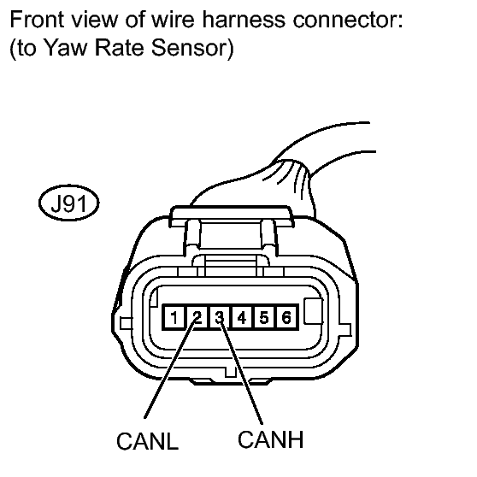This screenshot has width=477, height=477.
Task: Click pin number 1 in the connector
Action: pyautogui.click(x=174, y=317)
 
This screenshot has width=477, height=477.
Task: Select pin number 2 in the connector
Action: pyautogui.click(x=197, y=317)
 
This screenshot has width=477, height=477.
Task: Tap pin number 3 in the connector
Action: pyautogui.click(x=220, y=317)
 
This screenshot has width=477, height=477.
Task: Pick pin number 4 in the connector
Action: pyautogui.click(x=242, y=317)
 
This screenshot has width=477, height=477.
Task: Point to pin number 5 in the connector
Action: pyautogui.click(x=264, y=317)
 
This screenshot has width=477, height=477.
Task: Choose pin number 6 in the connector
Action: pyautogui.click(x=286, y=317)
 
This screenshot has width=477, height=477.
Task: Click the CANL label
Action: pyautogui.click(x=148, y=441)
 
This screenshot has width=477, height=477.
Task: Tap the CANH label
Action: pyautogui.click(x=270, y=439)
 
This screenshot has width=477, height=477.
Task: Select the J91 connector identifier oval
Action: pyautogui.click(x=69, y=203)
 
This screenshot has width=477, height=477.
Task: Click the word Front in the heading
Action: pyautogui.click(x=37, y=19)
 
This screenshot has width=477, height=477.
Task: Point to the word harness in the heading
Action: pyautogui.click(x=244, y=19)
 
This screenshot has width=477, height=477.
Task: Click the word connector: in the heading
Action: pyautogui.click(x=348, y=20)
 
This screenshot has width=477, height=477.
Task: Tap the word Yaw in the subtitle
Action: pyautogui.click(x=66, y=48)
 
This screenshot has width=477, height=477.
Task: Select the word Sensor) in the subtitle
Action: pyautogui.click(x=192, y=48)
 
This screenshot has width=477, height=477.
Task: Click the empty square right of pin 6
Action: pyautogui.click(x=314, y=311)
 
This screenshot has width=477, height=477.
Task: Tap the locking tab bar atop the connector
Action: pyautogui.click(x=232, y=216)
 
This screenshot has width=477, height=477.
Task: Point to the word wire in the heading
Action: pyautogui.click(x=173, y=19)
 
